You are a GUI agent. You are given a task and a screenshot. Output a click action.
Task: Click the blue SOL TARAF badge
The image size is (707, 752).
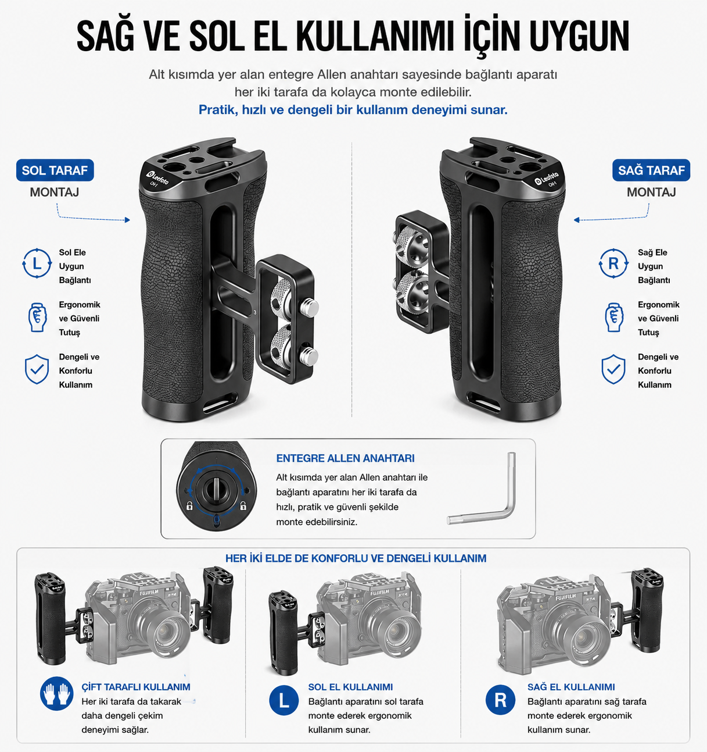pyautogui.click(x=55, y=170)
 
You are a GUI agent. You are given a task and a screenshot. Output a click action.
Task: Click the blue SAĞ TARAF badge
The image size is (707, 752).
pyautogui.click(x=651, y=170)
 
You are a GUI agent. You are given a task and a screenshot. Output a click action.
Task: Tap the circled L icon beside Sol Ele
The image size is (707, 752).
pyautogui.click(x=37, y=263)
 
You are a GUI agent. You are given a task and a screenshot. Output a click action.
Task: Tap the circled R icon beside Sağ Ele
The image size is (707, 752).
pyautogui.click(x=613, y=263)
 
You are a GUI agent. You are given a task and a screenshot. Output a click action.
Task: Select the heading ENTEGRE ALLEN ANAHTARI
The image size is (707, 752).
pyautogui.click(x=346, y=458)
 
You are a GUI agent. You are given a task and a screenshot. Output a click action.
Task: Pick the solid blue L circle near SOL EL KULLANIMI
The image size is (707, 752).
pyautogui.click(x=283, y=700)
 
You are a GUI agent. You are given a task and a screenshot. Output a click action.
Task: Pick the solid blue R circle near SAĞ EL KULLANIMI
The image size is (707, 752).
pyautogui.click(x=500, y=700)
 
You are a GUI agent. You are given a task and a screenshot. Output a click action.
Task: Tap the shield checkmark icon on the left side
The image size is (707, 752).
pyautogui.click(x=37, y=369)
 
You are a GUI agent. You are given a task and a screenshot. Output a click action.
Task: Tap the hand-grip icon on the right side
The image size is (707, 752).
pyautogui.click(x=613, y=318)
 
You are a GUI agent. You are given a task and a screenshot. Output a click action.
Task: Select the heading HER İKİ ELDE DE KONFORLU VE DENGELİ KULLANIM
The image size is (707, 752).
pyautogui.click(x=356, y=558)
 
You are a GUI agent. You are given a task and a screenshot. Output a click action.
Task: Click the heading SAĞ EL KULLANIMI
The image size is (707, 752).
pyautogui.click(x=571, y=687)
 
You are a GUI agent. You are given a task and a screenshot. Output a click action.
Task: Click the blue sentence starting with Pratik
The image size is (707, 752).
pyautogui.click(x=353, y=110)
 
